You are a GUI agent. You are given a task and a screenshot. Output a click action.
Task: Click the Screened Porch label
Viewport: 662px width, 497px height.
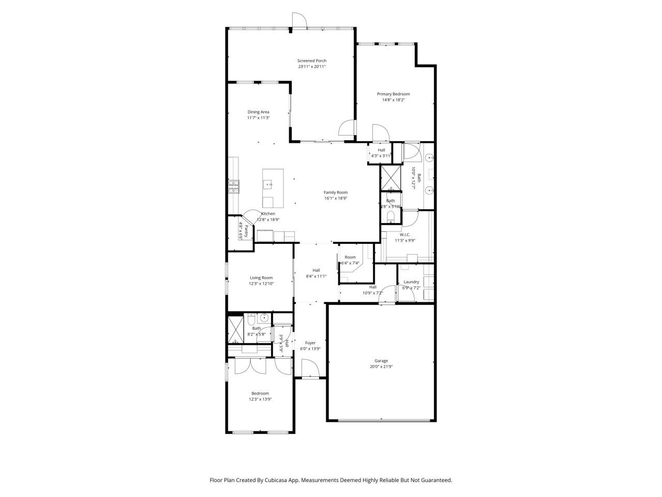pos(311,61)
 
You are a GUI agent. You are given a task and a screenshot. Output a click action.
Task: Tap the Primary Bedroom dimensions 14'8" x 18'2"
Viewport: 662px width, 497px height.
pos(393,100)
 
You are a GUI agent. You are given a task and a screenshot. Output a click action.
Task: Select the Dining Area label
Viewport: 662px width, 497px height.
pos(258,112)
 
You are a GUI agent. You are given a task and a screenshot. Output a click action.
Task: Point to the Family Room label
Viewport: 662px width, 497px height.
pos(336,192)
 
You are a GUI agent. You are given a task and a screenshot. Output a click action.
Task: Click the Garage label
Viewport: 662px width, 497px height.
pos(381,361)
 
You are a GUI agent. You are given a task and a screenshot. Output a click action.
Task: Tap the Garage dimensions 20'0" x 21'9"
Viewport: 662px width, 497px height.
pos(381,367)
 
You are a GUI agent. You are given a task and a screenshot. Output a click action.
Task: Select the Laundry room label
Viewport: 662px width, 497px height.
pos(411,282)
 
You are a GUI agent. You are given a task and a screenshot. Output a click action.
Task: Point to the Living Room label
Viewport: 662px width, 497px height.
pos(261,277)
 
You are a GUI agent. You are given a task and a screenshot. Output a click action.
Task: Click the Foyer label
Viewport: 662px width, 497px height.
pos(310,343)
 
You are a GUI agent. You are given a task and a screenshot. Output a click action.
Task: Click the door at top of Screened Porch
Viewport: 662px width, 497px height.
pos(299,20)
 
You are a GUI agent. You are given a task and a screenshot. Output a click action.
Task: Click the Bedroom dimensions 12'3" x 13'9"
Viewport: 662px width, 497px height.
pos(260,399)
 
